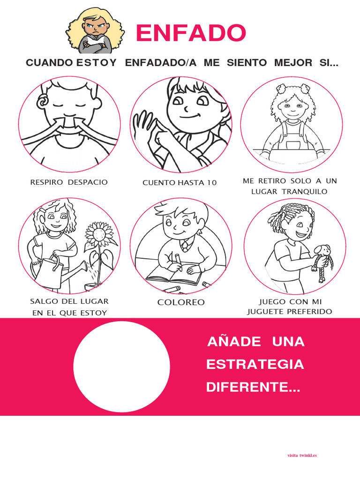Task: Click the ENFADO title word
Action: pyautogui.click(x=190, y=33)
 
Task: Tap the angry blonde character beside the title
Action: pyautogui.click(x=96, y=31)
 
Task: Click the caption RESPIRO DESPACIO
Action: pyautogui.click(x=69, y=182)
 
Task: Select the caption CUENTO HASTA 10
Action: pyautogui.click(x=180, y=182)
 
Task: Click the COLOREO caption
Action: pyautogui.click(x=181, y=302)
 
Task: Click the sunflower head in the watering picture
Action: pyautogui.click(x=98, y=232)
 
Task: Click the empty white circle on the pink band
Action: pyautogui.click(x=121, y=367)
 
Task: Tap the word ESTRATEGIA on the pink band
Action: pyautogui.click(x=255, y=364)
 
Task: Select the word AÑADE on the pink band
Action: pyautogui.click(x=233, y=342)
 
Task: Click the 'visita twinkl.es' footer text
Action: pyautogui.click(x=302, y=455)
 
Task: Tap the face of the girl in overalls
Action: pyautogui.click(x=292, y=107)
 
